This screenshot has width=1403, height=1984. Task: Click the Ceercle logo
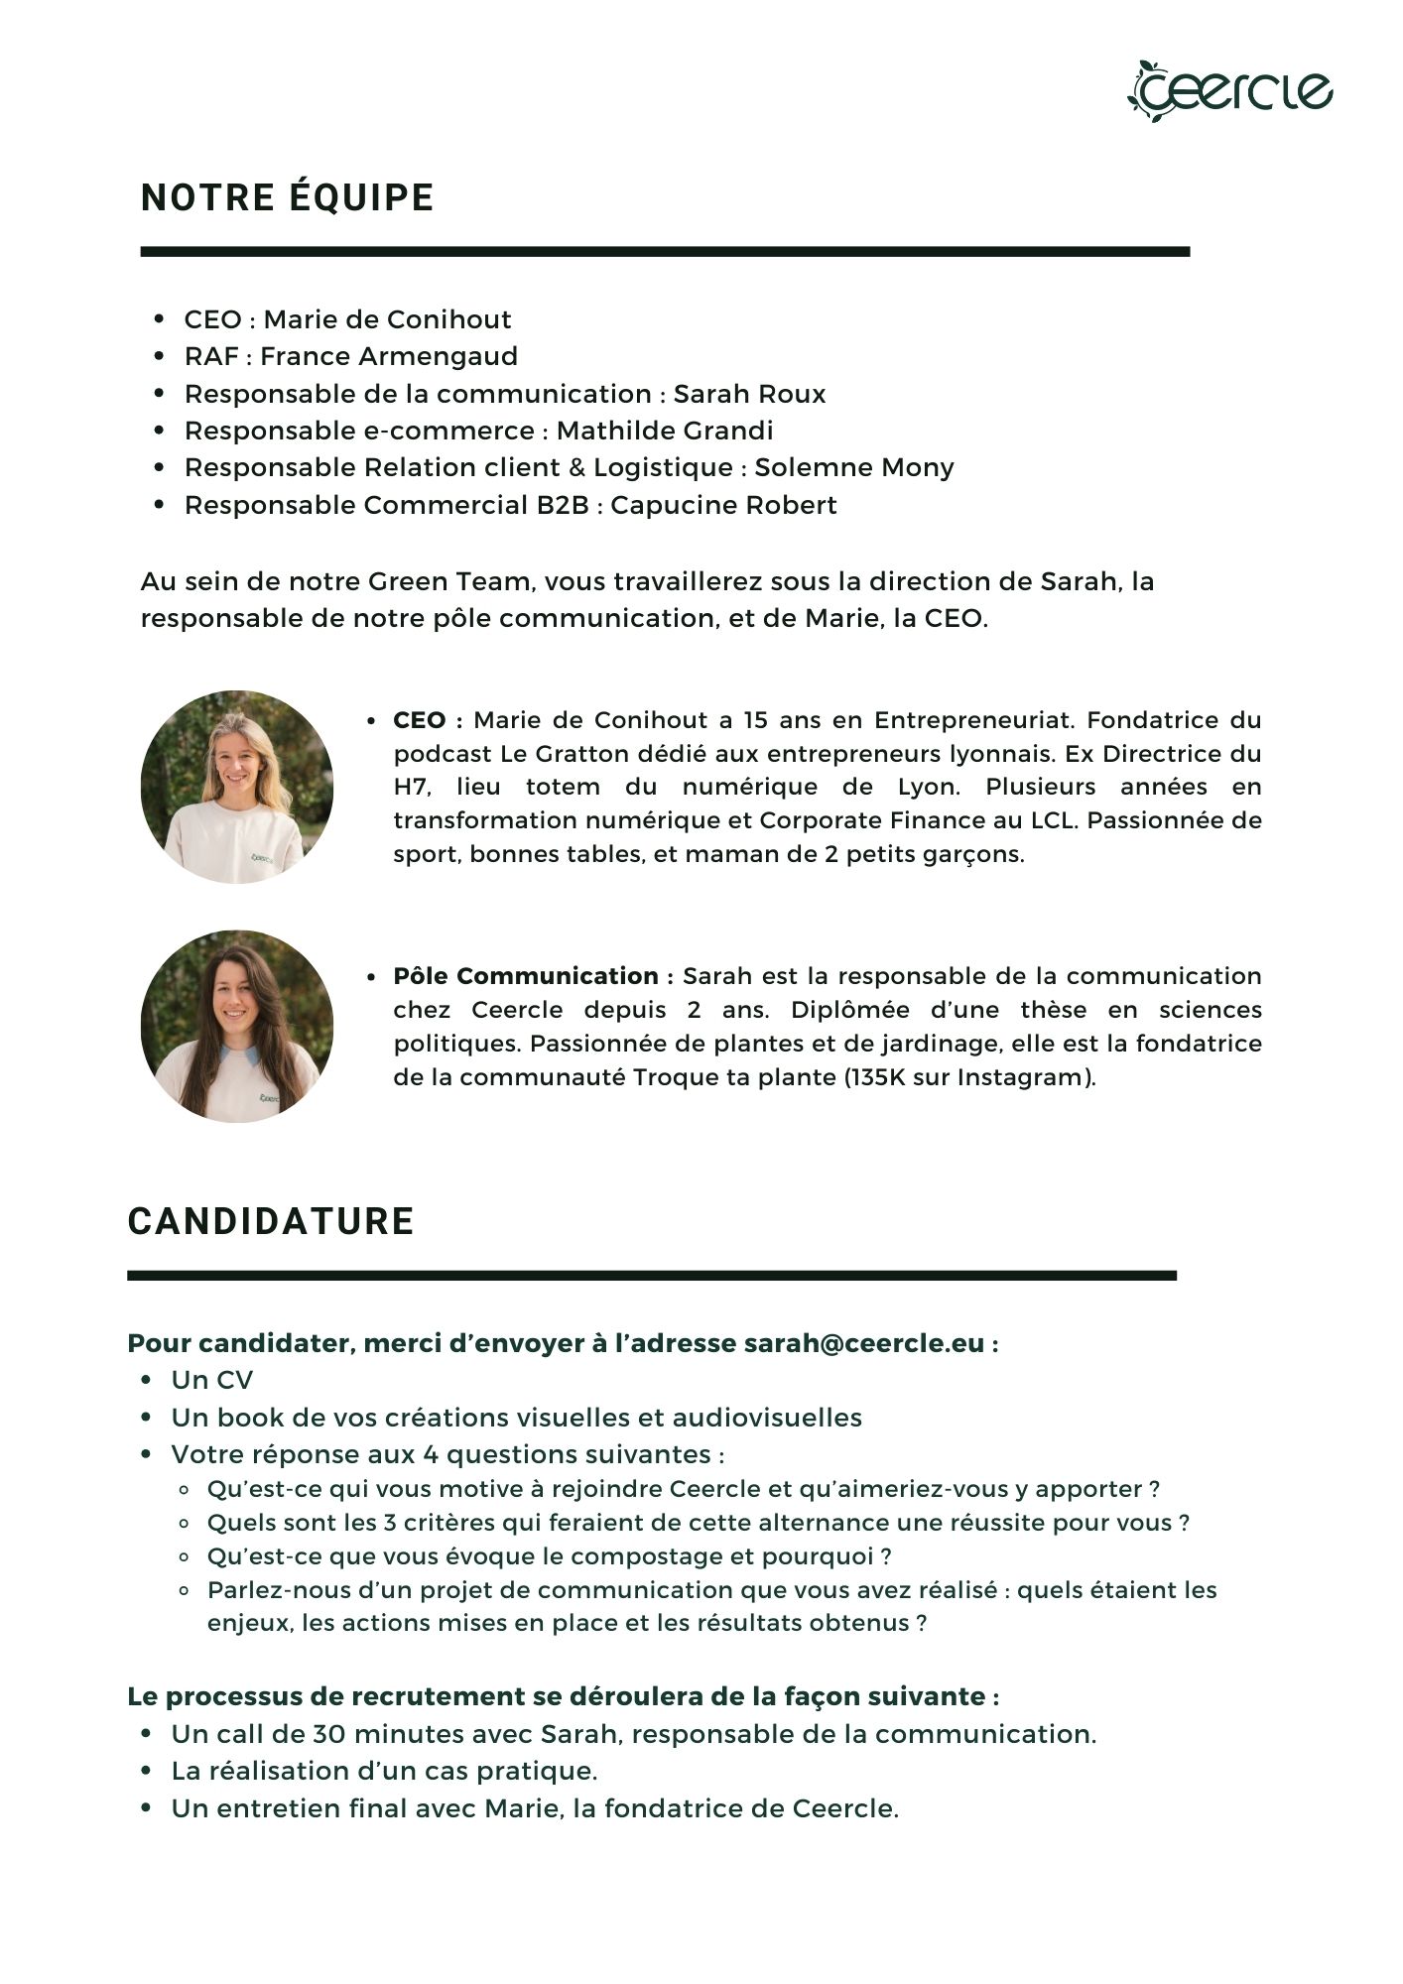(1229, 90)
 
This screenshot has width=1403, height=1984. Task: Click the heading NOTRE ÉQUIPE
(288, 197)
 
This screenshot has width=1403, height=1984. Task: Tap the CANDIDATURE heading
(271, 1221)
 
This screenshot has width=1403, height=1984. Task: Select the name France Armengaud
(389, 356)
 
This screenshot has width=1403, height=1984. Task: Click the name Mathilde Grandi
(664, 431)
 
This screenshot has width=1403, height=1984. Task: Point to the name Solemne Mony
(854, 467)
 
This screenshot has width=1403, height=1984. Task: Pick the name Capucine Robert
(723, 505)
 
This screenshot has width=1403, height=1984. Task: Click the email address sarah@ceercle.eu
(864, 1343)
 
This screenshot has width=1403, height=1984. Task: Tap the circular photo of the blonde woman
(237, 787)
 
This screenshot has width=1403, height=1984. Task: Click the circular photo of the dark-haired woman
(237, 1026)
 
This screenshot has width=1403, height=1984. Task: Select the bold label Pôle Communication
(527, 976)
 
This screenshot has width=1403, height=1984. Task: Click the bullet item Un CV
(211, 1380)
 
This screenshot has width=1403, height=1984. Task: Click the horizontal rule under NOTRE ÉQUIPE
(665, 252)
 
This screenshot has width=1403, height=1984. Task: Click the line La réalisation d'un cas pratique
(384, 1771)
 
